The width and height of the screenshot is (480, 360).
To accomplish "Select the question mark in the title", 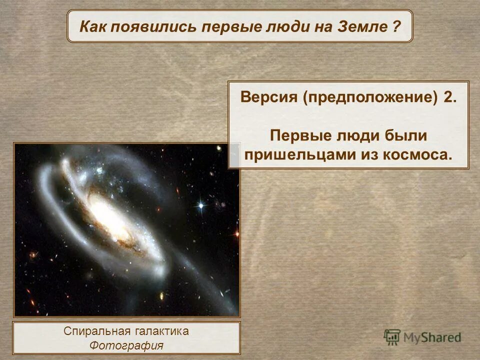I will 396,26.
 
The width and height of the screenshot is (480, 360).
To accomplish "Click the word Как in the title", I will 93,26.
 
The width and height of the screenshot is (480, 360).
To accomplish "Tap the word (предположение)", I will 369,97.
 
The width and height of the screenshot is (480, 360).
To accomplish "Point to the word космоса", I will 416,154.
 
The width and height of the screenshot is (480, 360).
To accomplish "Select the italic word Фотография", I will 126,345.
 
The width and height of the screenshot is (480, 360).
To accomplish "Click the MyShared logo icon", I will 392,337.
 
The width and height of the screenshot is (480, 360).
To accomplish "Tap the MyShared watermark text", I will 432,338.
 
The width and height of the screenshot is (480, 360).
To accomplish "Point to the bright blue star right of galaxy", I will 201,205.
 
